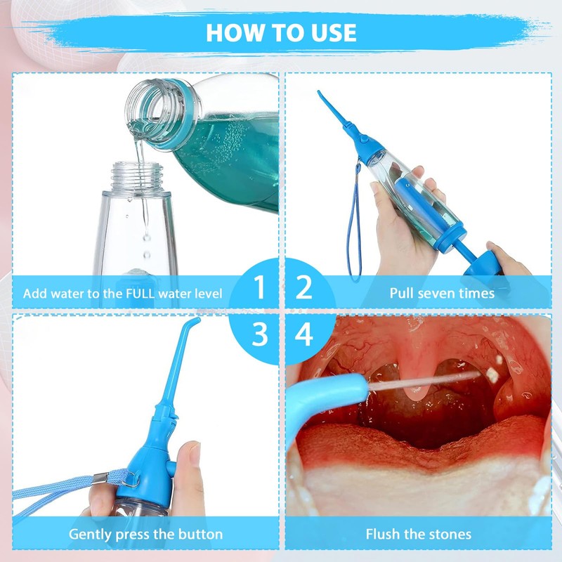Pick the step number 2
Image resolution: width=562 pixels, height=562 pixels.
click(x=304, y=287)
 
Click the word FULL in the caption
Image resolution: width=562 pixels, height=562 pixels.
click(x=140, y=294)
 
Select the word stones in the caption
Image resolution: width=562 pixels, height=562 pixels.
click(x=450, y=534)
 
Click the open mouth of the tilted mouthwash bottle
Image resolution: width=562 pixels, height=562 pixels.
click(x=143, y=107)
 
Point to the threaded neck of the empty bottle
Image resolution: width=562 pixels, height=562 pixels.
click(x=136, y=176)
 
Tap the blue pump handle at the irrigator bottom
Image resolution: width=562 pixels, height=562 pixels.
click(x=481, y=261)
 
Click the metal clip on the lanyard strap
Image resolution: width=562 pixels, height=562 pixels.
click(x=100, y=478)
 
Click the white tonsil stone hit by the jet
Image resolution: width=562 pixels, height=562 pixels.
click(x=492, y=374)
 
